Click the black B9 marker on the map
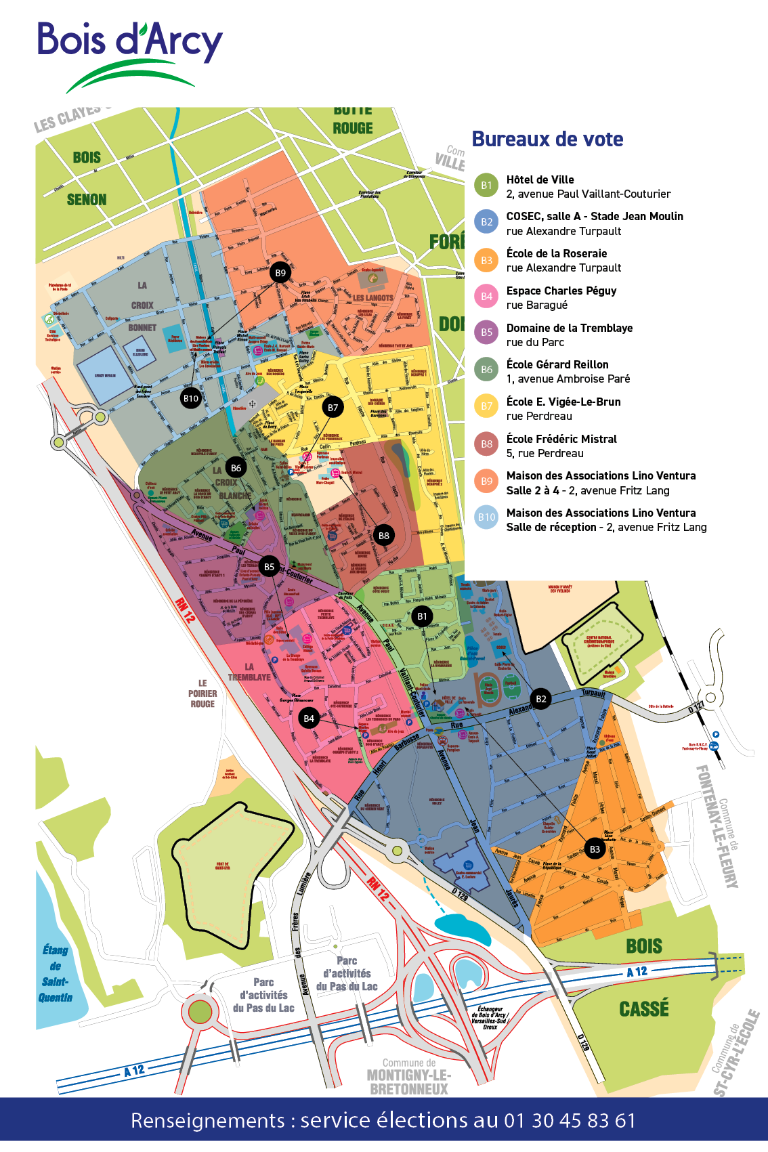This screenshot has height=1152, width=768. [280, 273]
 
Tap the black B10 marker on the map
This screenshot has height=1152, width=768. [191, 398]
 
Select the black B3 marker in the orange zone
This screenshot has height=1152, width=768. [595, 849]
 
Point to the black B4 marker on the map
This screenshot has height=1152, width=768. [309, 719]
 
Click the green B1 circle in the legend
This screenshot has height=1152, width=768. [486, 186]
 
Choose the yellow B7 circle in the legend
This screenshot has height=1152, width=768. [486, 406]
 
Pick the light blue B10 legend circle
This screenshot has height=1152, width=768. [486, 517]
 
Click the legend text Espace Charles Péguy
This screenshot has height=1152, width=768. [561, 291]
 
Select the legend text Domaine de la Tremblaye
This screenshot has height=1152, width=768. [569, 328]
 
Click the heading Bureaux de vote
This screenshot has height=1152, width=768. [547, 140]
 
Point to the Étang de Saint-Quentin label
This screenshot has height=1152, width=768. [56, 974]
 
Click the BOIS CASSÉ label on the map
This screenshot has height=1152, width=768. [643, 977]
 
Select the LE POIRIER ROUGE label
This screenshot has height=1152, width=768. [202, 694]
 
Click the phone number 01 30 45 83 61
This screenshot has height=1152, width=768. [570, 1120]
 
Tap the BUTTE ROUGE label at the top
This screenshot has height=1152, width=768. [353, 121]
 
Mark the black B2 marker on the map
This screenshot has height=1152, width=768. [540, 699]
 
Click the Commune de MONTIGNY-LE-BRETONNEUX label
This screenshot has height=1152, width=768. [409, 1078]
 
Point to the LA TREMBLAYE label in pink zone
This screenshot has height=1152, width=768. [249, 672]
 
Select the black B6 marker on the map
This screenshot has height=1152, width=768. [236, 468]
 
